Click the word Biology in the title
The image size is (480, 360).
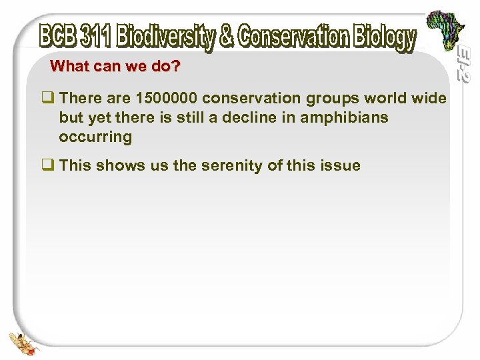[x=383, y=38]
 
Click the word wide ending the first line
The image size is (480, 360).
[x=429, y=99]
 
